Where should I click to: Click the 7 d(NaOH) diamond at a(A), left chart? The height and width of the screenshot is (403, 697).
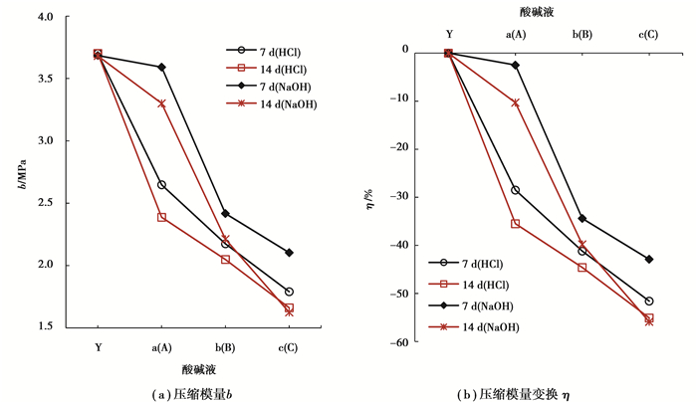161,67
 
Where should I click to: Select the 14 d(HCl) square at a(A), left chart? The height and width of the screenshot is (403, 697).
161,217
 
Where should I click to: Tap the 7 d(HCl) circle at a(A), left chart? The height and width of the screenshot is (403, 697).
161,185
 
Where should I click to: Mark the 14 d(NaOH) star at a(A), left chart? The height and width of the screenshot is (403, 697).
161,103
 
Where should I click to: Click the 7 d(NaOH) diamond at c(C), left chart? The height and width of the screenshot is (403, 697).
289,253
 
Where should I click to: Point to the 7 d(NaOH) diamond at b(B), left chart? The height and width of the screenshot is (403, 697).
225,213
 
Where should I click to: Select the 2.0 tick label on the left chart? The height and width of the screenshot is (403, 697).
54,265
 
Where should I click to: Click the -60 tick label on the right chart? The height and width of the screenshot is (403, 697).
402,343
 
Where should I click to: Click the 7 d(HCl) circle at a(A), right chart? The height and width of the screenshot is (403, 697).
515,190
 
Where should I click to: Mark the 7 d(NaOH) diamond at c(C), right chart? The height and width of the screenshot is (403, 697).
649,260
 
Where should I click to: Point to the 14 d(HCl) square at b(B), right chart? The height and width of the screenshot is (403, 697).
582,268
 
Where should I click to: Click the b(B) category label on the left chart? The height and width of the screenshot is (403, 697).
225,347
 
